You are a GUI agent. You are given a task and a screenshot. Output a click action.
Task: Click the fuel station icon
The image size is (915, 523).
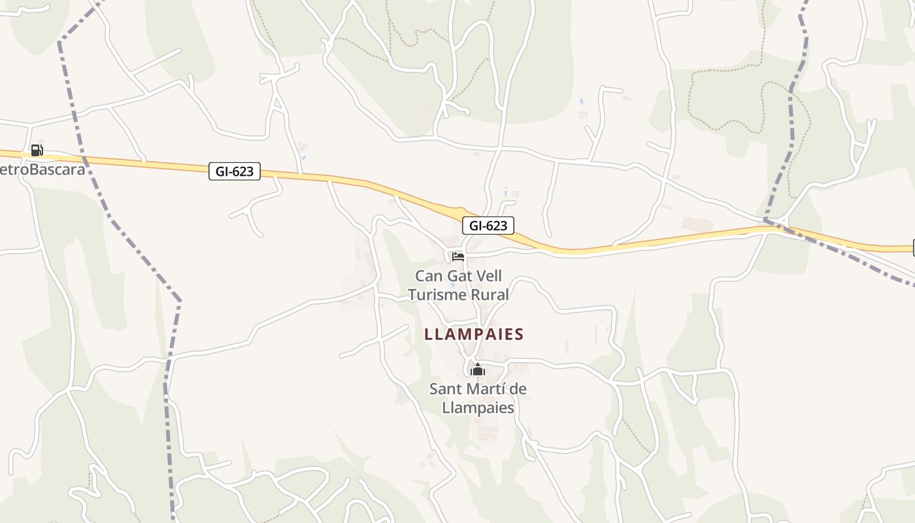[37, 150]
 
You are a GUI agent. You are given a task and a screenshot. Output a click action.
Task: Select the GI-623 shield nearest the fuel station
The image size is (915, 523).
[235, 171]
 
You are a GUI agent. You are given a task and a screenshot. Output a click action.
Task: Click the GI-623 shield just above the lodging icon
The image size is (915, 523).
[488, 226]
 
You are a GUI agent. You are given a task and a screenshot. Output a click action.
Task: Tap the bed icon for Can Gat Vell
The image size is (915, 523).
[457, 256]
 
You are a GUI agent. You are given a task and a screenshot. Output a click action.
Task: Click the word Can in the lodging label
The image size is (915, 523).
[428, 276]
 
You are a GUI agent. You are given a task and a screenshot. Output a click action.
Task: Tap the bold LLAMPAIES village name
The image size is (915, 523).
[474, 335]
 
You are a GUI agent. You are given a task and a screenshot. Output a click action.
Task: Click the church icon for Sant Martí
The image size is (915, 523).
[478, 370]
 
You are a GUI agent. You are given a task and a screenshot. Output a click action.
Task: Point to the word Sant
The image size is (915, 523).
[443, 389]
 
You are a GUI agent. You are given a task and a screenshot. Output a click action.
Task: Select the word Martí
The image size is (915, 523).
[483, 389]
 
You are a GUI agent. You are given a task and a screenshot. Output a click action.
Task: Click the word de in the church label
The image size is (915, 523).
[518, 389]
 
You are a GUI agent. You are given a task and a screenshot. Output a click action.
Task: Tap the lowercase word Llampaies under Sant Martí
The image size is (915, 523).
[478, 408]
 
